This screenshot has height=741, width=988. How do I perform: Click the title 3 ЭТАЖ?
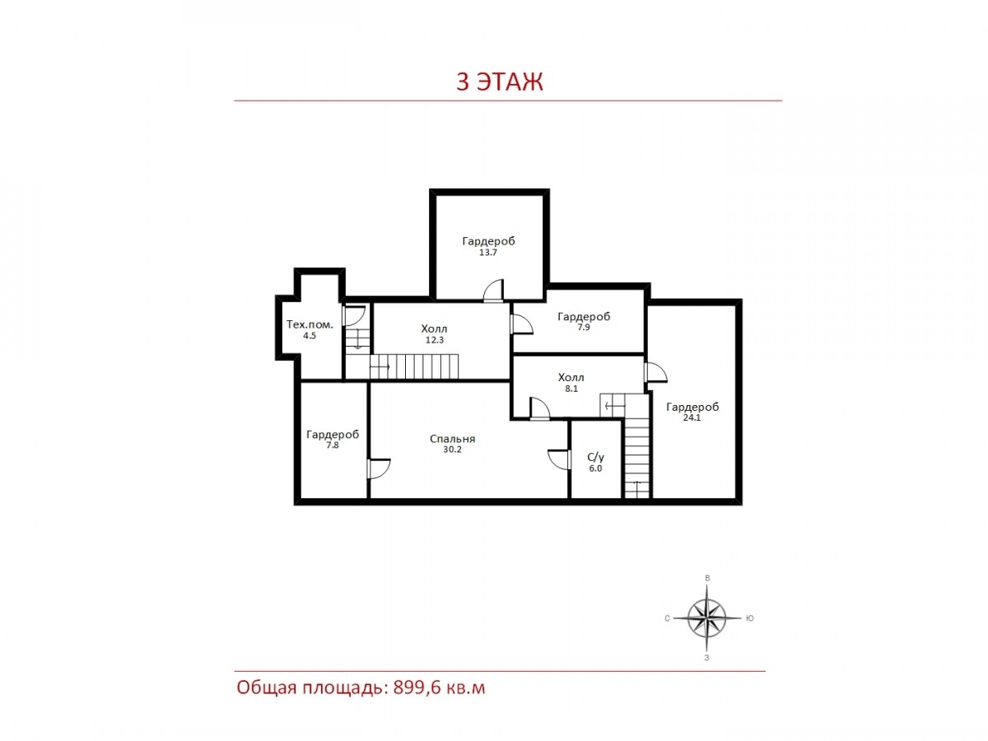pyautogui.click(x=499, y=82)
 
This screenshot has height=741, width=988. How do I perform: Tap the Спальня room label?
pyautogui.click(x=452, y=439)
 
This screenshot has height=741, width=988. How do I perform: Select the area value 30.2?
pyautogui.click(x=452, y=450)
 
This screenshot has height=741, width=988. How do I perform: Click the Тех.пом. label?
pyautogui.click(x=310, y=324)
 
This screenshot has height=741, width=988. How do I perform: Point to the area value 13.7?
pyautogui.click(x=488, y=253)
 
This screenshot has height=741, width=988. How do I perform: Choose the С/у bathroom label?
pyautogui.click(x=595, y=458)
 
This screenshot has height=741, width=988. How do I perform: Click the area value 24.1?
pyautogui.click(x=692, y=417)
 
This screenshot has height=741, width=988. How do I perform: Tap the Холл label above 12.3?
pyautogui.click(x=434, y=329)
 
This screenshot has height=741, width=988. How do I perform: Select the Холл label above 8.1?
pyautogui.click(x=571, y=377)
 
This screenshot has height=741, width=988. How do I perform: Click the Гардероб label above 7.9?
pyautogui.click(x=584, y=317)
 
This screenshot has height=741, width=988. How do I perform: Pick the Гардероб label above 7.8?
pyautogui.click(x=333, y=435)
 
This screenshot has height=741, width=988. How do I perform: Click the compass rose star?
pyautogui.click(x=706, y=617)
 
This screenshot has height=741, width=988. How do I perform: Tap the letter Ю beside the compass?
pyautogui.click(x=749, y=618)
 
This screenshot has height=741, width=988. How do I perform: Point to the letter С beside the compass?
pyautogui.click(x=667, y=618)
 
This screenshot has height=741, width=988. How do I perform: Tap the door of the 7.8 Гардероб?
pyautogui.click(x=379, y=468)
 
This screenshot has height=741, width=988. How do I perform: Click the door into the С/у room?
pyautogui.click(x=560, y=459)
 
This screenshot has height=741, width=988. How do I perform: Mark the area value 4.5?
pyautogui.click(x=310, y=336)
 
